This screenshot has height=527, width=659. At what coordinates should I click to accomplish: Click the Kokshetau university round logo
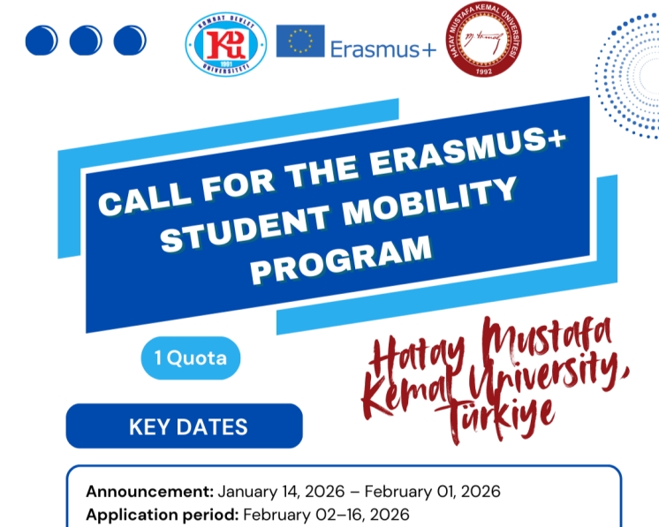point(226,42)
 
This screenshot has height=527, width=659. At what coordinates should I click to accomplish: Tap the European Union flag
point(299,41)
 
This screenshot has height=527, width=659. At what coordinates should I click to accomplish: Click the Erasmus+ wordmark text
point(383,49)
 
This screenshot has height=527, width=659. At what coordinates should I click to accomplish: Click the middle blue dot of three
point(86,40)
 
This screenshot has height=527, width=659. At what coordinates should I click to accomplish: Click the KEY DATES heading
point(188,427)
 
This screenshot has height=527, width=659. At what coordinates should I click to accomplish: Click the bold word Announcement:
point(149,491)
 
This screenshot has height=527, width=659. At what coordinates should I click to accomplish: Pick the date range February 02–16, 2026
point(326,513)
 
